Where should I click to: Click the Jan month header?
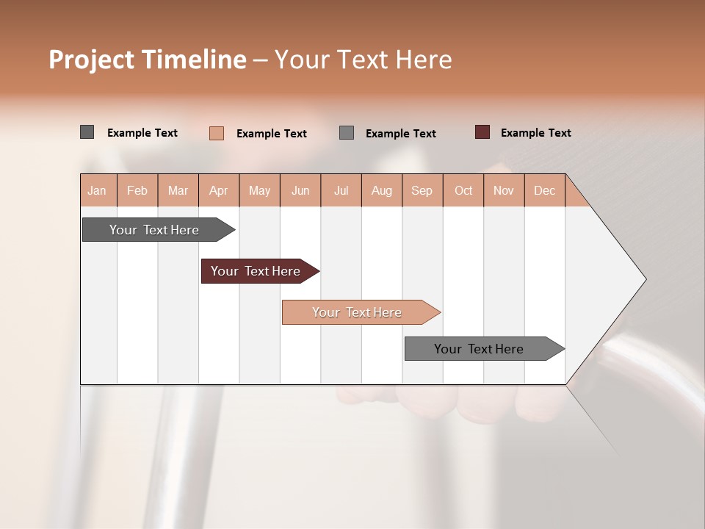[x=97, y=190]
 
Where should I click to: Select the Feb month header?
[x=137, y=190]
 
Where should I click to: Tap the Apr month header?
[x=219, y=190]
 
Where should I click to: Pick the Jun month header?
[x=300, y=190]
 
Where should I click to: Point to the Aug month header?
[x=382, y=190]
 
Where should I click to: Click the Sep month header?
[x=422, y=190]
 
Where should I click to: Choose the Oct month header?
[x=463, y=190]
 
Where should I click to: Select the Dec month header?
[x=544, y=190]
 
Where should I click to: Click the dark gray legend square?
[x=87, y=132]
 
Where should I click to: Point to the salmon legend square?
[x=216, y=133]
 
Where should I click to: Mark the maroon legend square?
[x=482, y=132]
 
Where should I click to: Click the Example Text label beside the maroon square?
[x=535, y=132]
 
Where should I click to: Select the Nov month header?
[x=504, y=190]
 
